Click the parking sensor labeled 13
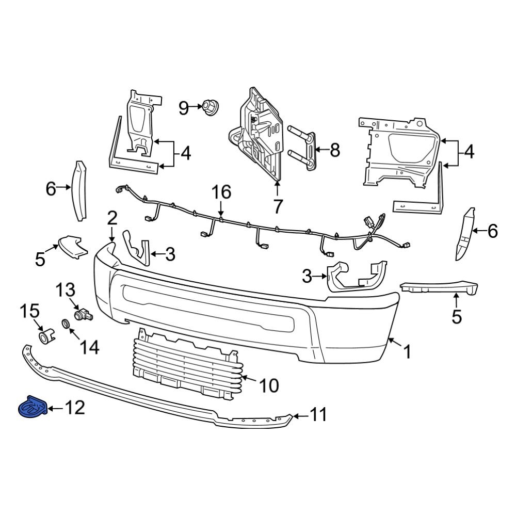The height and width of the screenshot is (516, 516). (81, 313)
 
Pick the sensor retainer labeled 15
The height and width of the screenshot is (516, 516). (45, 337)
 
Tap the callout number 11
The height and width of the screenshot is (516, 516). (318, 414)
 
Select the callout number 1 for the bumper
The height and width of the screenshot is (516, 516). (407, 352)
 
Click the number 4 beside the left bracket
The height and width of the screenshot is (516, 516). (186, 153)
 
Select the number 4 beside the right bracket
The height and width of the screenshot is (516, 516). (469, 152)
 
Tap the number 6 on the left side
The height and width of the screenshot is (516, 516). (51, 189)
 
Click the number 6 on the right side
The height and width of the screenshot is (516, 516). (492, 232)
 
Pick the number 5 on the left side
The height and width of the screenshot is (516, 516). (40, 259)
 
